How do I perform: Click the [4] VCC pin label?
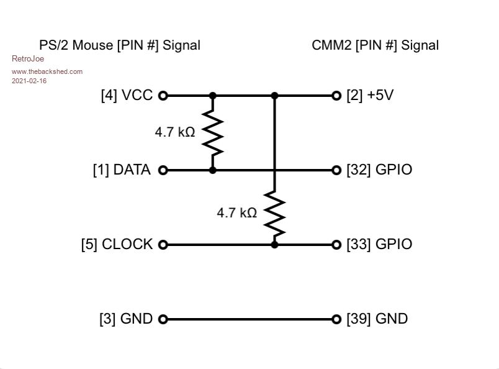[127, 96]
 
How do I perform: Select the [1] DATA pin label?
[122, 170]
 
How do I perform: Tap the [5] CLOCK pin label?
[117, 245]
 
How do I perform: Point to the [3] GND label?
[126, 319]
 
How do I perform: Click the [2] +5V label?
[370, 96]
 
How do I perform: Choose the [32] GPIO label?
[379, 170]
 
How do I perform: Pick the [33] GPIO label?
[379, 245]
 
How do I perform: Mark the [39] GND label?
[377, 319]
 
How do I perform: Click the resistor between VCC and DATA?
[213, 133]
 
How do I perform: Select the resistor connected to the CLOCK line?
[275, 214]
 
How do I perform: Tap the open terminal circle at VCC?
[163, 96]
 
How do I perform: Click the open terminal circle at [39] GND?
[336, 319]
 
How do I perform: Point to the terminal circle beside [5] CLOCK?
[163, 245]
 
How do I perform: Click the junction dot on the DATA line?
[213, 170]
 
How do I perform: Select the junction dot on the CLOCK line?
[275, 245]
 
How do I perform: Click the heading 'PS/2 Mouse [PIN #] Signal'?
[120, 45]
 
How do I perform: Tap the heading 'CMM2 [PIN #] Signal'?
[375, 45]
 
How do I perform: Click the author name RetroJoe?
[28, 59]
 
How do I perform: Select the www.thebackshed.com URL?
[47, 71]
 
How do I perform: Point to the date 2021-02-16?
[29, 81]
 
